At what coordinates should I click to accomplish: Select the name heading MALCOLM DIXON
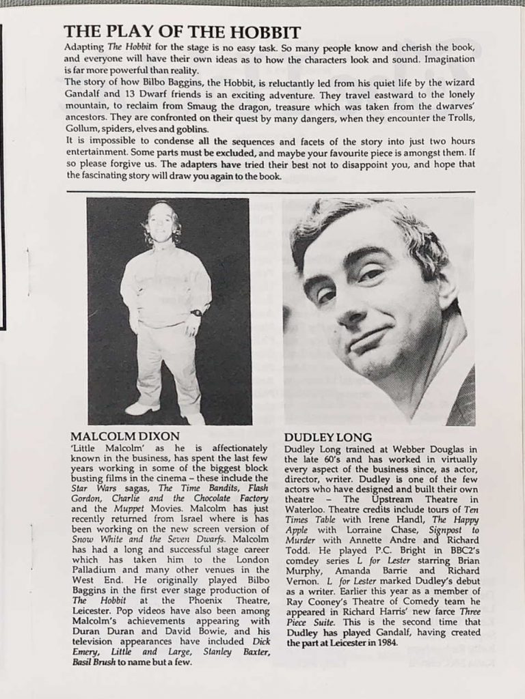click(125, 436)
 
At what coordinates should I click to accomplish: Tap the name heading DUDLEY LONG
click(327, 437)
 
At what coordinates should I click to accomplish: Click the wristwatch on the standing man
click(197, 313)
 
